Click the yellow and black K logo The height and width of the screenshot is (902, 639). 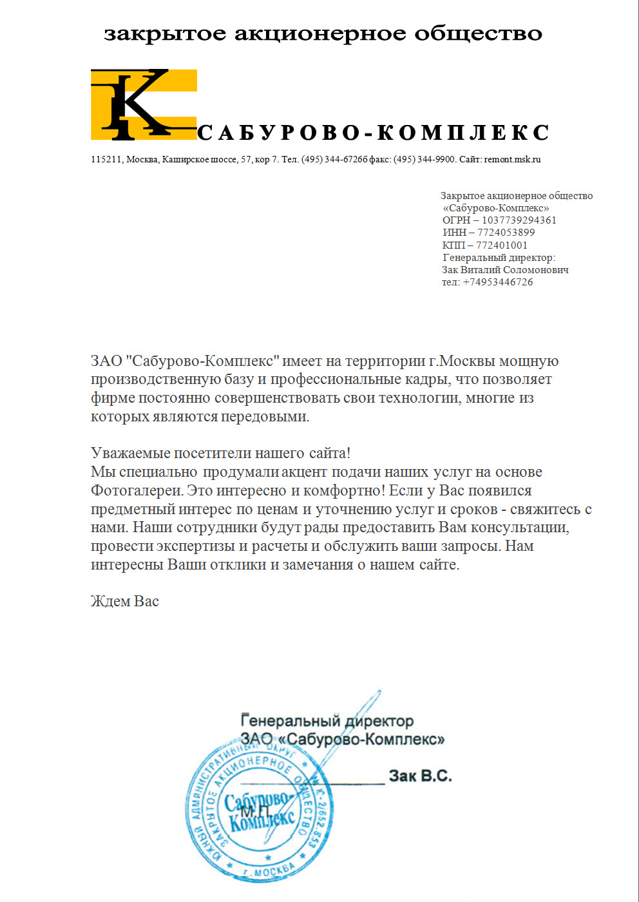pos(143,104)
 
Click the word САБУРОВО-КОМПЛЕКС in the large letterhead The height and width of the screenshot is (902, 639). pos(373,133)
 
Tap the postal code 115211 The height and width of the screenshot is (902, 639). pos(106,159)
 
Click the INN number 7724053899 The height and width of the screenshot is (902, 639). pos(506,233)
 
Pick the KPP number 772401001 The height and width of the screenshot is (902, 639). pos(502,245)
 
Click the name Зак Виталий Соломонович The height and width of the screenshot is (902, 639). pos(505,270)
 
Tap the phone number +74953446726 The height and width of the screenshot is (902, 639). pos(498,282)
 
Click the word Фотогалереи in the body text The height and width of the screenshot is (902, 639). pos(137,491)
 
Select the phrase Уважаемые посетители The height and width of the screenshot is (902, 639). pos(171,454)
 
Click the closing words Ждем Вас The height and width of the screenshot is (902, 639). pos(125,602)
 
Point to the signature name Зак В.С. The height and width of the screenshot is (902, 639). pos(420,776)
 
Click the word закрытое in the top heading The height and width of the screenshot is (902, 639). pos(165,34)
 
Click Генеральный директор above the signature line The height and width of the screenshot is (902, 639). pos(327,721)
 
